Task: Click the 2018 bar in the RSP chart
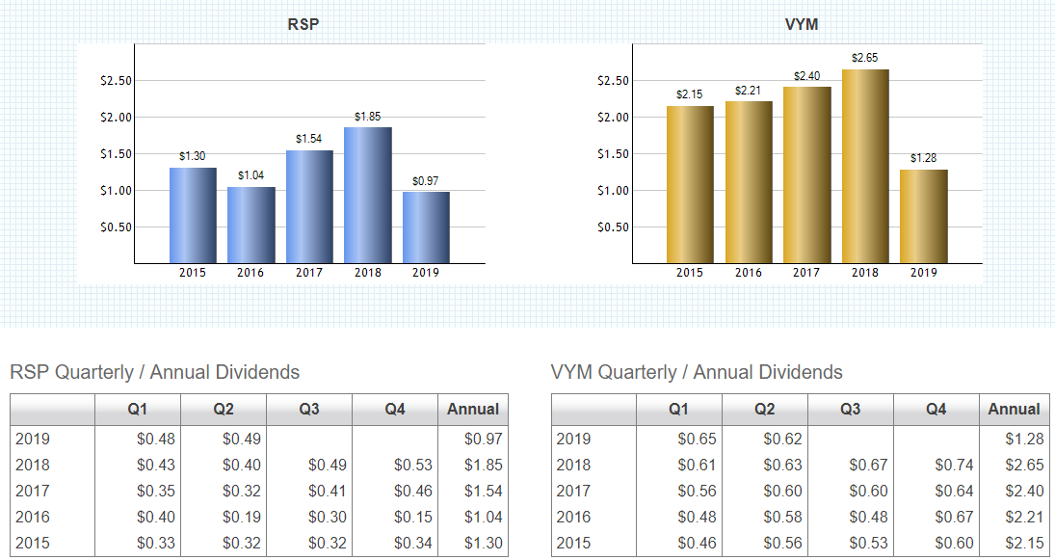tap(367, 195)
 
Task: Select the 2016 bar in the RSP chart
tap(251, 225)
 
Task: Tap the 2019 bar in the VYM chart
tap(923, 216)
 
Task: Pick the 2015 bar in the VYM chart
tap(690, 184)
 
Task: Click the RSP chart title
tap(303, 24)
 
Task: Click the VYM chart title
tap(802, 24)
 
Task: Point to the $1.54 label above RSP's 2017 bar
tap(309, 140)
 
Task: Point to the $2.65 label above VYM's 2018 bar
tap(864, 59)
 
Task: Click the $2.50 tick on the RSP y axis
tap(116, 81)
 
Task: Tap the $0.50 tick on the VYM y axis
tap(613, 227)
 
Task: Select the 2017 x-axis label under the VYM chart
tap(806, 273)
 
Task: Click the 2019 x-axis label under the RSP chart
tap(425, 273)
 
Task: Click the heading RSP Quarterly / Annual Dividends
tap(154, 372)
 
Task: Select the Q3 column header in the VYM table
tap(850, 409)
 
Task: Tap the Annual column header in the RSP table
tap(472, 409)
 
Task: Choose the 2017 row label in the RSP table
tap(33, 491)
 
